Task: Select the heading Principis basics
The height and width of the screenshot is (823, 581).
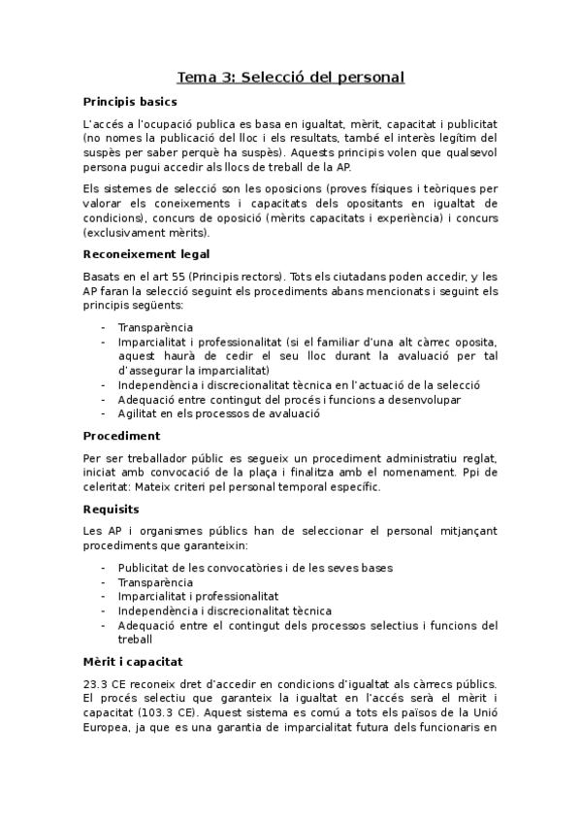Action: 129,102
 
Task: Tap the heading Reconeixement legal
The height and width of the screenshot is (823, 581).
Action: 146,254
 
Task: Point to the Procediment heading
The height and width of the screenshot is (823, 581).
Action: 121,436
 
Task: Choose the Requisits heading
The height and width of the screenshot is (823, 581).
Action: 112,509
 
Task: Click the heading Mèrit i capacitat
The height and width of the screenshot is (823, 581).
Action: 133,660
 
